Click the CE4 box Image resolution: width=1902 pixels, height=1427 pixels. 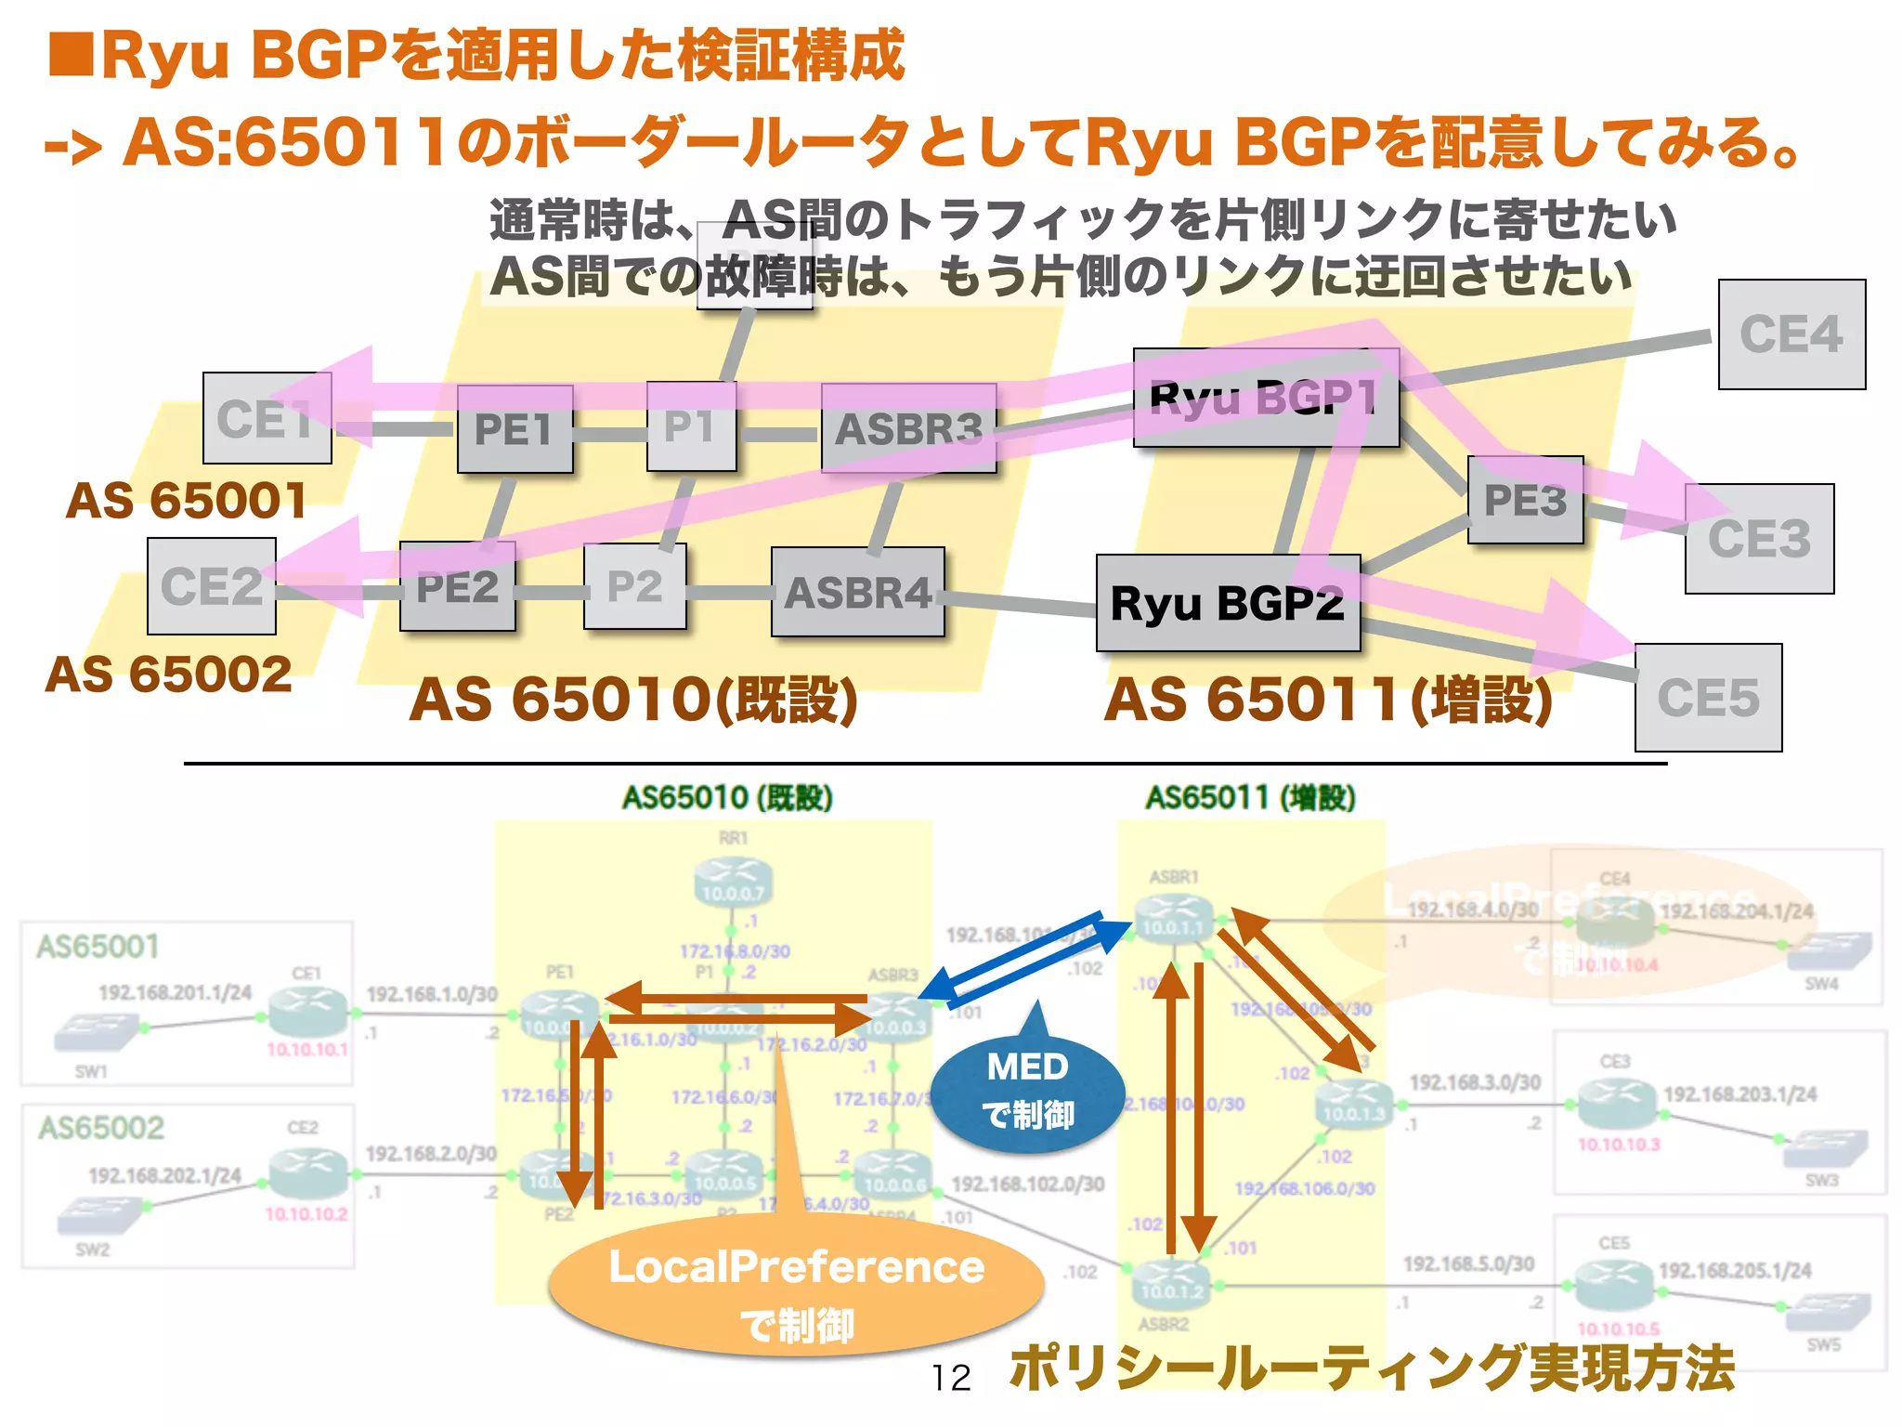click(1791, 334)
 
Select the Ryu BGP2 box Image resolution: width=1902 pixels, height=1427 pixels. click(1227, 604)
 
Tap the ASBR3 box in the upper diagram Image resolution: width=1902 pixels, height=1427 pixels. click(908, 429)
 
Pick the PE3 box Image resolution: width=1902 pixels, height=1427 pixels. click(1525, 500)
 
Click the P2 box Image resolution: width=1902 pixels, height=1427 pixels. click(635, 587)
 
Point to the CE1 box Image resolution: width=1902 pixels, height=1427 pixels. click(267, 418)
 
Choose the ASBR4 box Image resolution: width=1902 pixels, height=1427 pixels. click(857, 593)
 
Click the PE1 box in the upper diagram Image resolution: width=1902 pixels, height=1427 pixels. click(515, 430)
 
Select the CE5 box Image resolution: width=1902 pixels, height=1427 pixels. click(1708, 698)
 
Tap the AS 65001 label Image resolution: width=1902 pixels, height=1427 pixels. click(186, 502)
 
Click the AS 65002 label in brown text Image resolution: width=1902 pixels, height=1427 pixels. click(169, 674)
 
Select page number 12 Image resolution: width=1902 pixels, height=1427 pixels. click(951, 1378)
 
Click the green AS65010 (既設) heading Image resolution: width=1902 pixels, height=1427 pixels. click(727, 798)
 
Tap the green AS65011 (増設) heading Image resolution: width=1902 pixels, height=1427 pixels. click(1250, 798)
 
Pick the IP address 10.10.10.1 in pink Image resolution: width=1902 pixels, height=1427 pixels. click(307, 1050)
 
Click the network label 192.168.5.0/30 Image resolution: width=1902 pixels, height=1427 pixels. click(1468, 1264)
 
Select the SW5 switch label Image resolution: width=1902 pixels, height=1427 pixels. click(1823, 1345)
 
